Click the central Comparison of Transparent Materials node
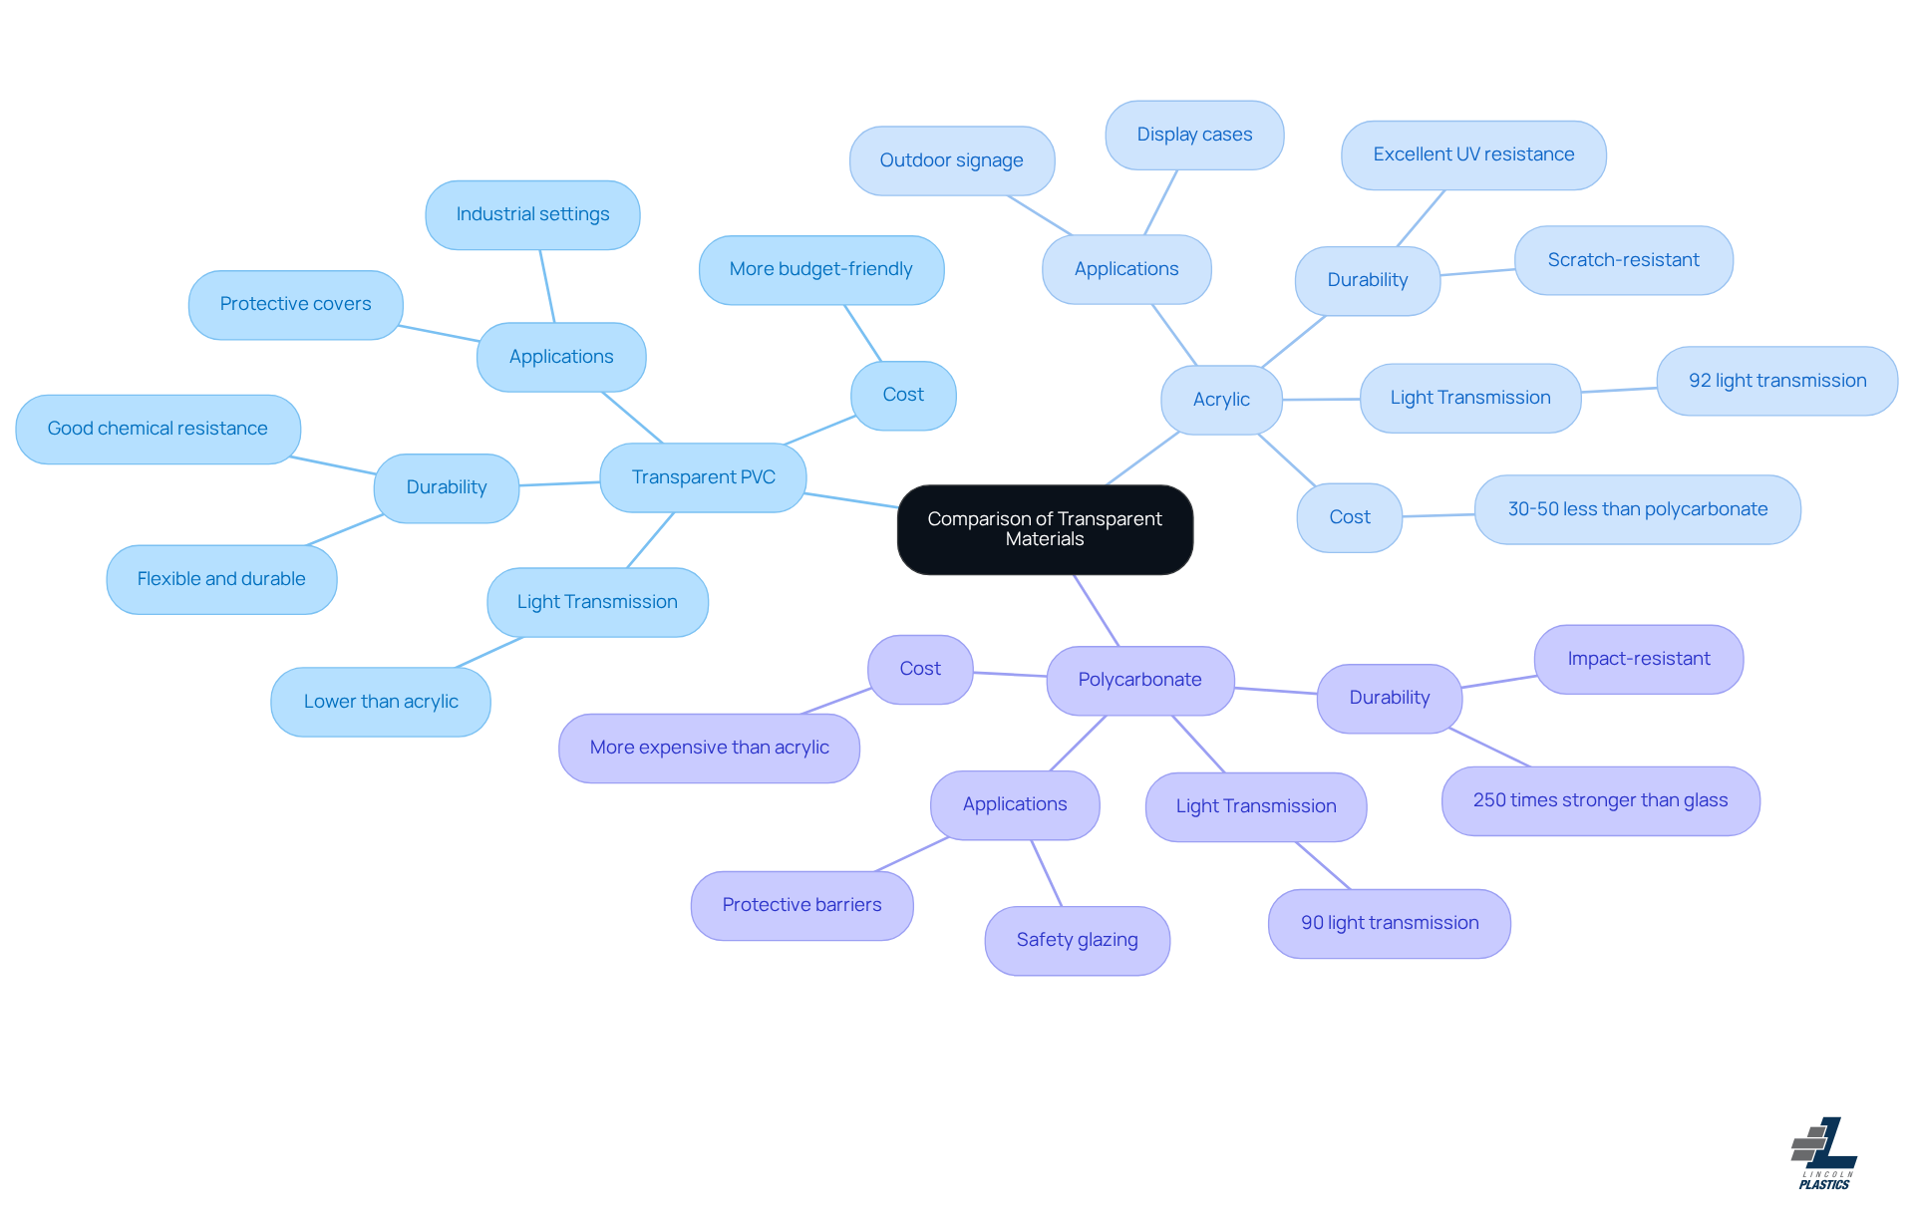point(1045,529)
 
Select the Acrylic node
point(1221,400)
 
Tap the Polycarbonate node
point(1139,680)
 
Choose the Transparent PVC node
point(703,477)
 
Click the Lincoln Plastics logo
point(1824,1153)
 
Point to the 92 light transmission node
point(1776,381)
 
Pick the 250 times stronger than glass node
point(1600,800)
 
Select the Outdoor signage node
point(951,160)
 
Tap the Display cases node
point(1194,135)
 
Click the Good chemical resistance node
point(158,429)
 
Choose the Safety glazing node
point(1077,940)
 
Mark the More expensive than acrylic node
point(709,748)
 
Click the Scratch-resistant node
point(1623,260)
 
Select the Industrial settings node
point(532,214)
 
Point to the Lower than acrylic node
point(381,702)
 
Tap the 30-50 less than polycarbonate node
point(1637,509)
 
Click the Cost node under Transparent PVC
point(903,395)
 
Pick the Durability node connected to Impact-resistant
point(1389,698)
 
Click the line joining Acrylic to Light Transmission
point(1321,399)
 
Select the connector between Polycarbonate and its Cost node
point(1010,675)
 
